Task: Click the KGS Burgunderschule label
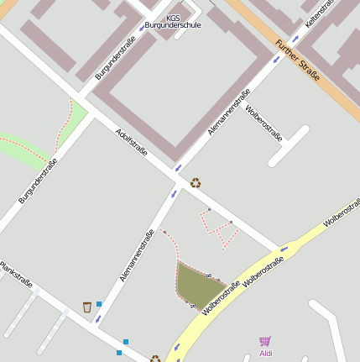[173, 21]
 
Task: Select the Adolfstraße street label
[132, 140]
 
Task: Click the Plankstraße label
[16, 271]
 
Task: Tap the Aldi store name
[265, 354]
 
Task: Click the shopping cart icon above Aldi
[265, 341]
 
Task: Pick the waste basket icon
[86, 307]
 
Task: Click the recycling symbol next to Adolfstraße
[196, 182]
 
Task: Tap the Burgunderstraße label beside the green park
[38, 181]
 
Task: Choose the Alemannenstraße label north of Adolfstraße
[228, 113]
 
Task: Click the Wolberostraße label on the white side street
[263, 123]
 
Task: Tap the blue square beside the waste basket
[99, 303]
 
